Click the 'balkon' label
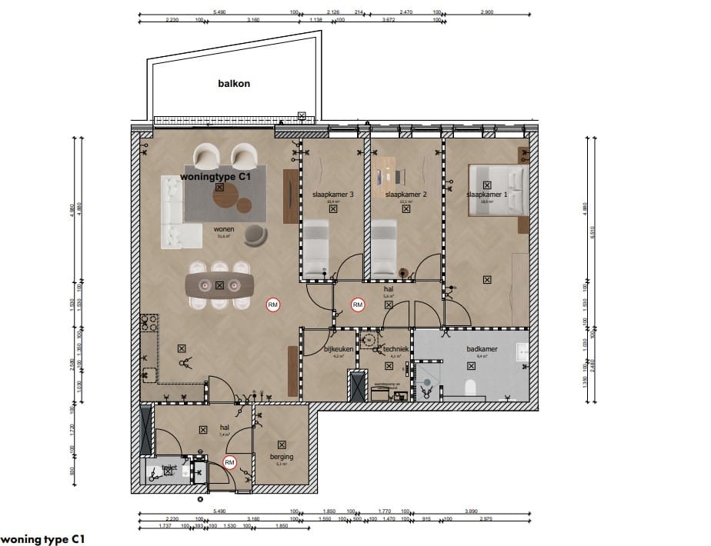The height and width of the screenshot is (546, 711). (x=235, y=85)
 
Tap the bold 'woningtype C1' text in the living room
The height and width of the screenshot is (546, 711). (x=216, y=176)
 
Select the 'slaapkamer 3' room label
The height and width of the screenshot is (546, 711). (x=332, y=195)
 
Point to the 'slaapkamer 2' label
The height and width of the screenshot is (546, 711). (x=406, y=195)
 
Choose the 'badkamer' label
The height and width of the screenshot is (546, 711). (x=482, y=348)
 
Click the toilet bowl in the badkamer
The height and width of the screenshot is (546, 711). (x=472, y=386)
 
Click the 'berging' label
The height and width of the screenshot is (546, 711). (x=282, y=456)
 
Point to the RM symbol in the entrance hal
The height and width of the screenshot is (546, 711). (x=229, y=462)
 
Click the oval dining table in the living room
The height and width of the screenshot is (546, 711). (x=220, y=285)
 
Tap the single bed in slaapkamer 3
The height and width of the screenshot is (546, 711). (x=316, y=248)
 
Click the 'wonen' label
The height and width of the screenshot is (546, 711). (x=224, y=229)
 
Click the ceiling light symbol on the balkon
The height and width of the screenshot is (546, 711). (x=302, y=117)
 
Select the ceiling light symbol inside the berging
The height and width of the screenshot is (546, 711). (x=282, y=444)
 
